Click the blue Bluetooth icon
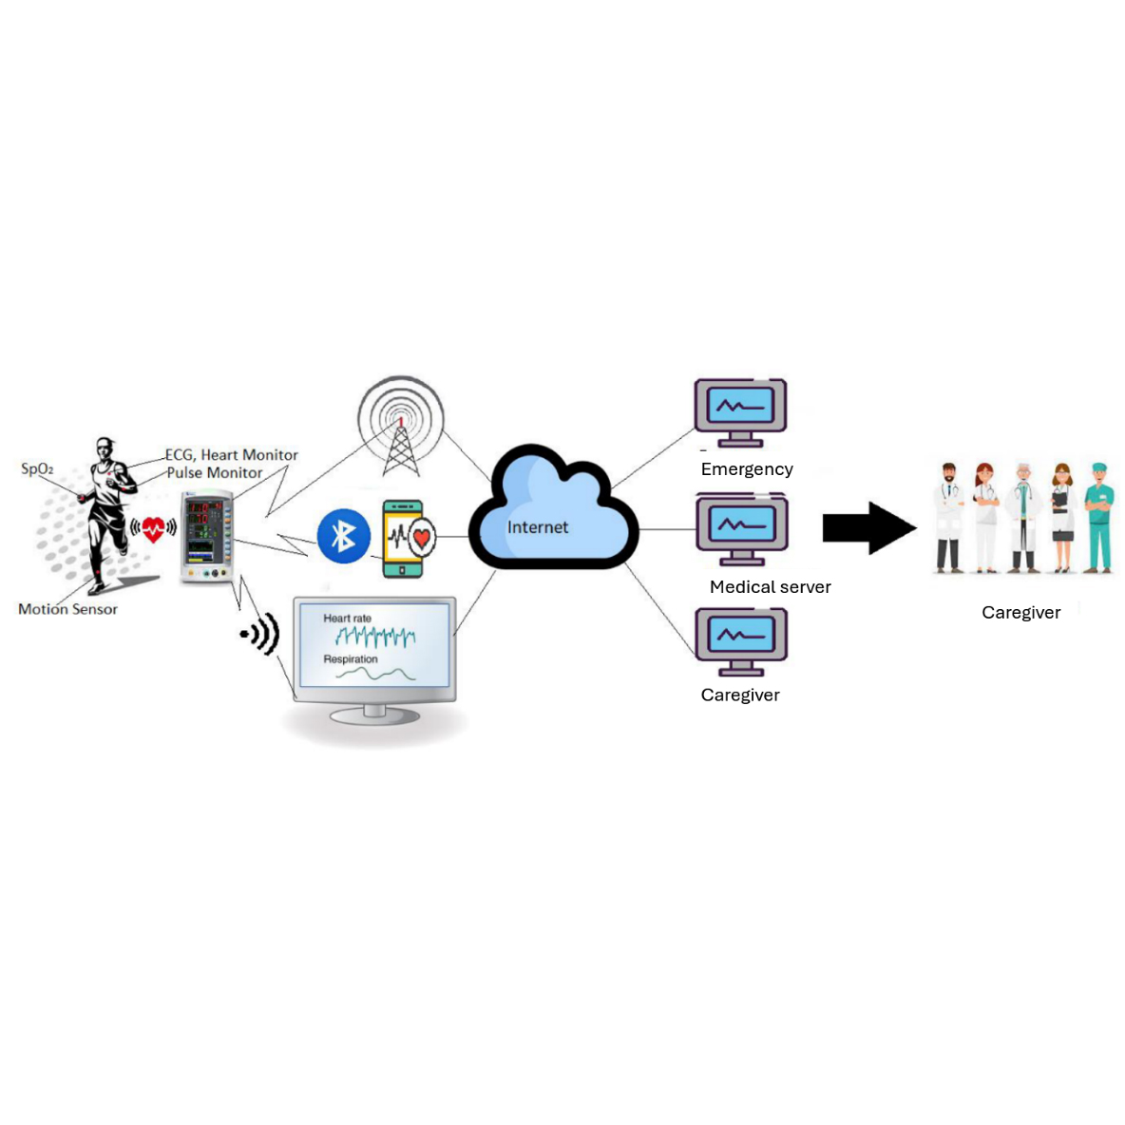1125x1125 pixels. pos(343,536)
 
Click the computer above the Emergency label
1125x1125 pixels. pos(740,411)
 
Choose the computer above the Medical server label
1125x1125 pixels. pos(741,528)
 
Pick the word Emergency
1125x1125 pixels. pos(747,469)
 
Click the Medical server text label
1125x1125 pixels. pos(770,587)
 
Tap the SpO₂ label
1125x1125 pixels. pos(37,468)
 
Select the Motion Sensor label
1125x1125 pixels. pos(67,609)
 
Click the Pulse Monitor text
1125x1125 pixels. pos(215,473)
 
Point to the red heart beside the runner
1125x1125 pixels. pos(153,529)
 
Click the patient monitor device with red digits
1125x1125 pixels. pos(206,536)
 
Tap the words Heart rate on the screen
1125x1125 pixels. pos(347,619)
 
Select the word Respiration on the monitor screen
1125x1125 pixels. pos(351,659)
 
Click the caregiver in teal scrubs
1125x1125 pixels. pos(1098,517)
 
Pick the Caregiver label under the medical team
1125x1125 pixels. pos(1020,613)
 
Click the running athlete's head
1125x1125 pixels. pos(105,448)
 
